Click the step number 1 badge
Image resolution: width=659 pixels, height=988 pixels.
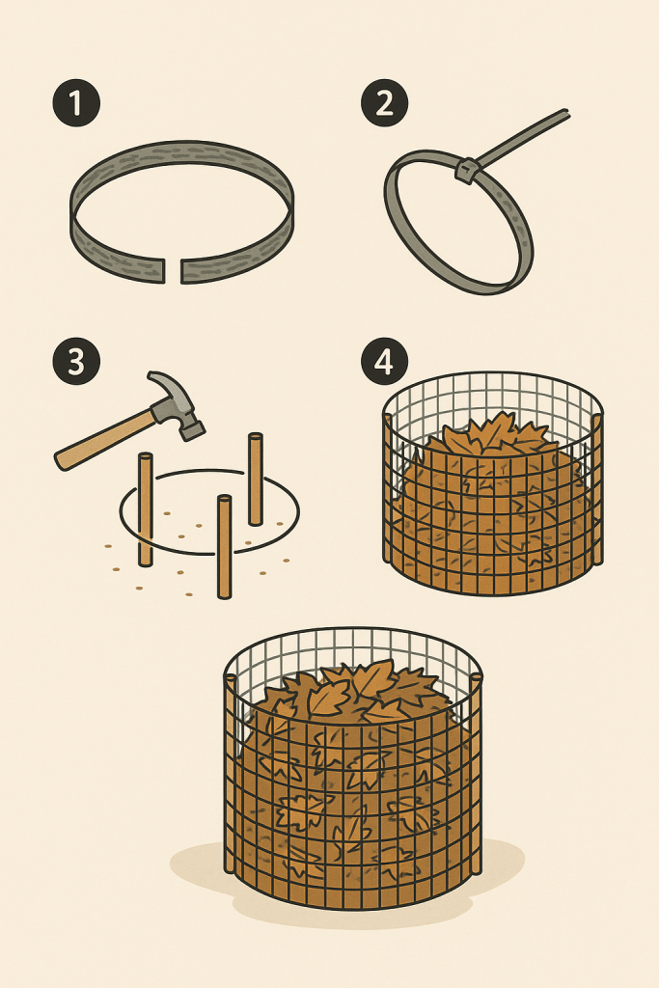point(76,102)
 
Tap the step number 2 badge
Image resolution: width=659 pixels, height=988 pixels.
point(384,102)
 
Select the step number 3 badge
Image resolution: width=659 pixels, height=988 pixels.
point(76,362)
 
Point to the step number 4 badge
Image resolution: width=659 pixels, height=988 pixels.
point(384,362)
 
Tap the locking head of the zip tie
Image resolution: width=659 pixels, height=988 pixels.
point(467,170)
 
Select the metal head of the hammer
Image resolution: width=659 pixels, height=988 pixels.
point(177,405)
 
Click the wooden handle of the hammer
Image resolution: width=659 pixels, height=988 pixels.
point(104,439)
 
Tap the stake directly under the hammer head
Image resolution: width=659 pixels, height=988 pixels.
point(255,479)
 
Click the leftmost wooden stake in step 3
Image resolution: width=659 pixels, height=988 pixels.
point(146,509)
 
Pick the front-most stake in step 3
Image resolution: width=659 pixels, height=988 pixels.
point(224,546)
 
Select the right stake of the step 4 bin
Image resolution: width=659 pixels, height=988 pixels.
point(597,489)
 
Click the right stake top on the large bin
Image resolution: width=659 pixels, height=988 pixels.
point(477,677)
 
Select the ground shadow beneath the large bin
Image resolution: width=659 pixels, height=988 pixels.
point(346,882)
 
